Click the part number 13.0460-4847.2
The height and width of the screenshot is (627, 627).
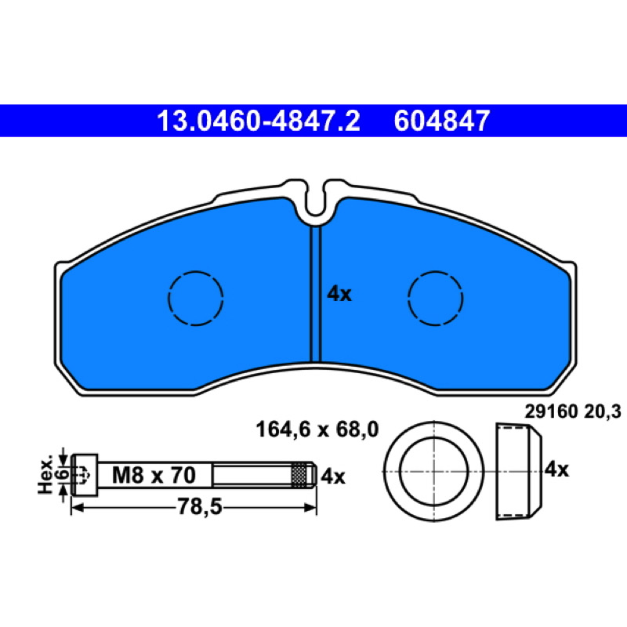pos(259,121)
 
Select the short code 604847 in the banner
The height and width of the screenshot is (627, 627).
pos(442,121)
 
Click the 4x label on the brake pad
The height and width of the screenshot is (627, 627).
pos(339,295)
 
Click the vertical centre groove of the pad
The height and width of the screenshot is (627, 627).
pos(316,295)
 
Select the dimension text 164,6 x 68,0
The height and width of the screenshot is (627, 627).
pos(317,429)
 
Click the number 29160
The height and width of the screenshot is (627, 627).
pos(552,411)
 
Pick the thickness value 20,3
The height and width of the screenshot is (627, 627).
pos(603,411)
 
